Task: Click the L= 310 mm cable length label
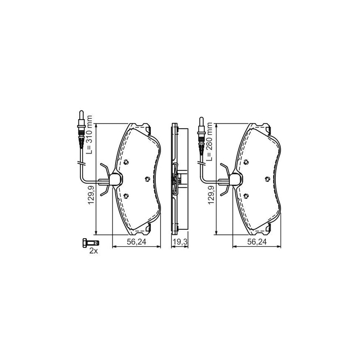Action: (x=90, y=135)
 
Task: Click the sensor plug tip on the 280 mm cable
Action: (x=201, y=121)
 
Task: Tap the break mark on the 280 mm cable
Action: (x=201, y=163)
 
